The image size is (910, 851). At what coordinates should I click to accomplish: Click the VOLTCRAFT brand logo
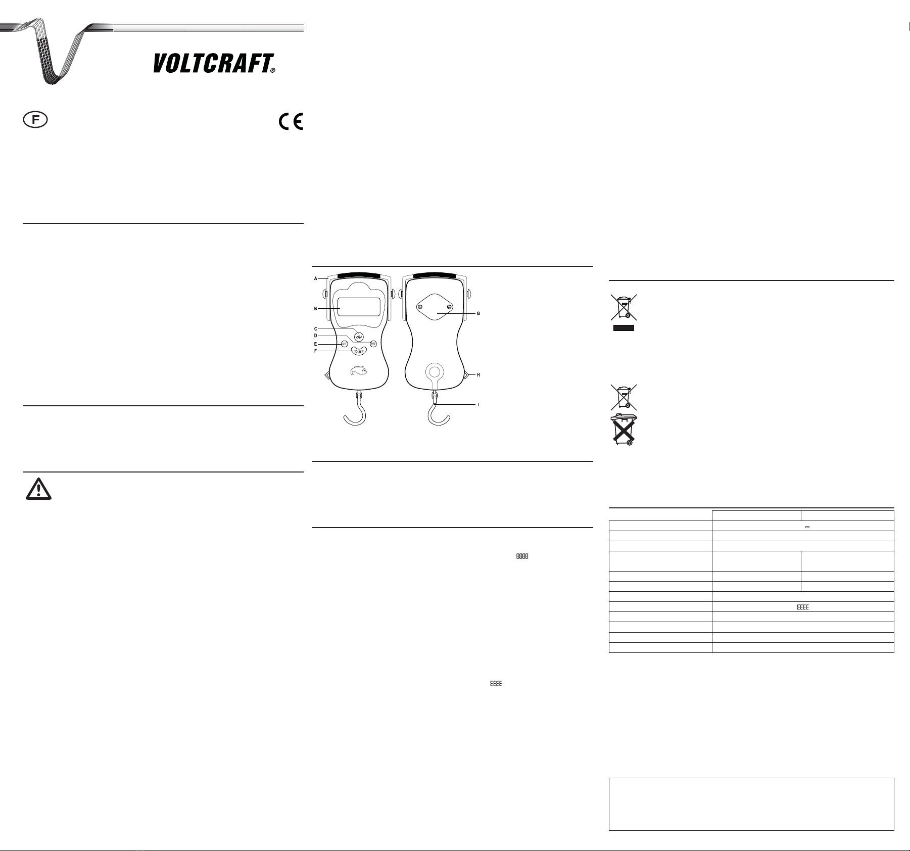[214, 64]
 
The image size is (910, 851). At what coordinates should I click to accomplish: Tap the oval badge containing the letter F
[35, 120]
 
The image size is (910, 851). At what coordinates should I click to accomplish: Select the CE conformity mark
[291, 122]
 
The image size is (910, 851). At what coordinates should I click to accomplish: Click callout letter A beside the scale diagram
[316, 278]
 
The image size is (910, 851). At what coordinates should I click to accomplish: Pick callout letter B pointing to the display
[316, 308]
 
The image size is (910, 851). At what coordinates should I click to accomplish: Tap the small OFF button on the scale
[373, 344]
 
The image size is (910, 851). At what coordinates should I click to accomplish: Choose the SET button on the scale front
[344, 344]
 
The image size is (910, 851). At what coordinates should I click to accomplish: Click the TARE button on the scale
[359, 350]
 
